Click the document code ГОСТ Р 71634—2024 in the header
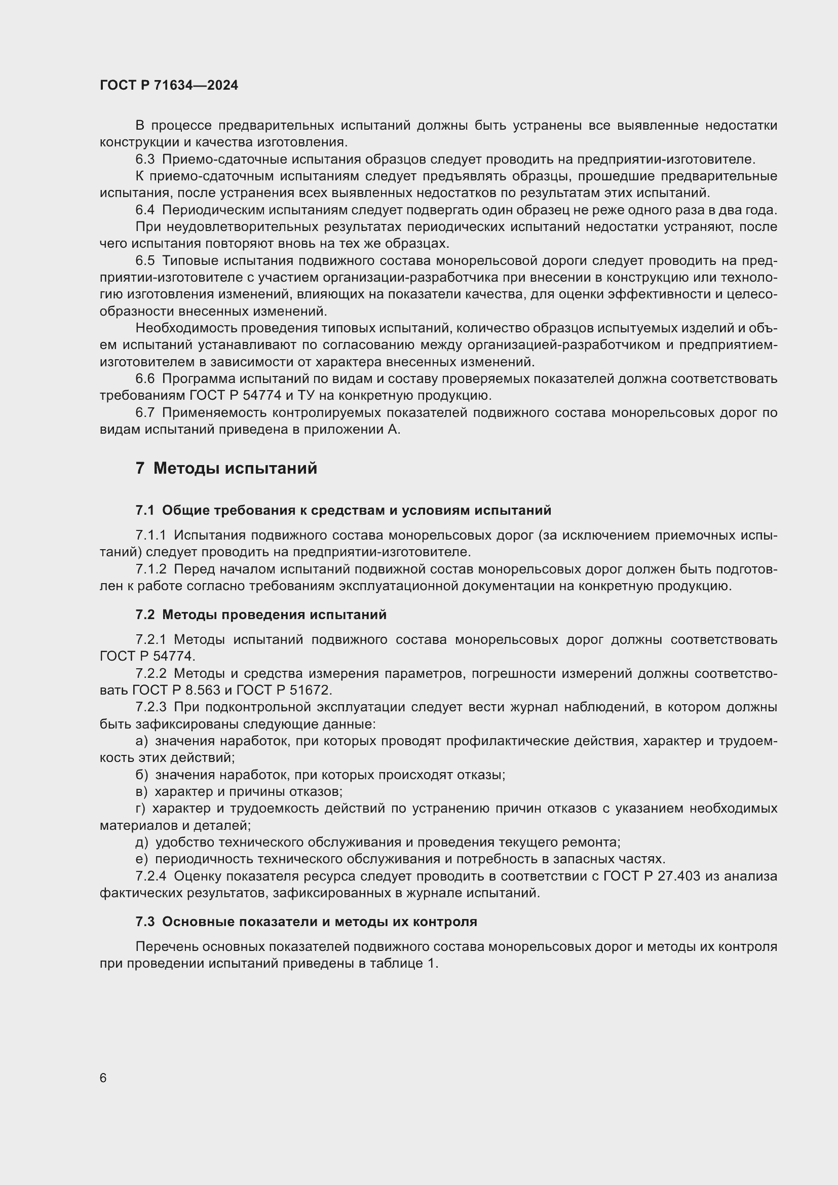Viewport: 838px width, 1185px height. tap(169, 85)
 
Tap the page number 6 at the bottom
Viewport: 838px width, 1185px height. tap(103, 1078)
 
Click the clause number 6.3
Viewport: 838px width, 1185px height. tap(145, 160)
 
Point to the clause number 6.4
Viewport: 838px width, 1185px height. tap(145, 210)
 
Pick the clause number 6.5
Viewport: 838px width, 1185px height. tap(145, 260)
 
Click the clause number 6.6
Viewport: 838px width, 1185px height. tap(145, 379)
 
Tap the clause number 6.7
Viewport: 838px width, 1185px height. tap(145, 412)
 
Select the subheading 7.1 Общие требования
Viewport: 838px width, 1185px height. tap(343, 511)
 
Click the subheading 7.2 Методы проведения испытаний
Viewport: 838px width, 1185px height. tap(260, 615)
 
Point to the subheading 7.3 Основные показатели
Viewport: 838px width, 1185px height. tap(306, 922)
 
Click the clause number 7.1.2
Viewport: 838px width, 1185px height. tap(150, 569)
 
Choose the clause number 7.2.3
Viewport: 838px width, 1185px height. tap(150, 707)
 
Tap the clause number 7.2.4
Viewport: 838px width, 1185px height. tap(150, 876)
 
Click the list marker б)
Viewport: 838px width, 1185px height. tap(141, 775)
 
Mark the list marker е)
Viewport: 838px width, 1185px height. tap(141, 859)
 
